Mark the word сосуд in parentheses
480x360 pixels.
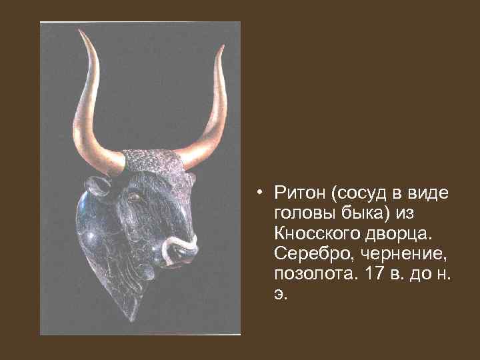click(x=363, y=193)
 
